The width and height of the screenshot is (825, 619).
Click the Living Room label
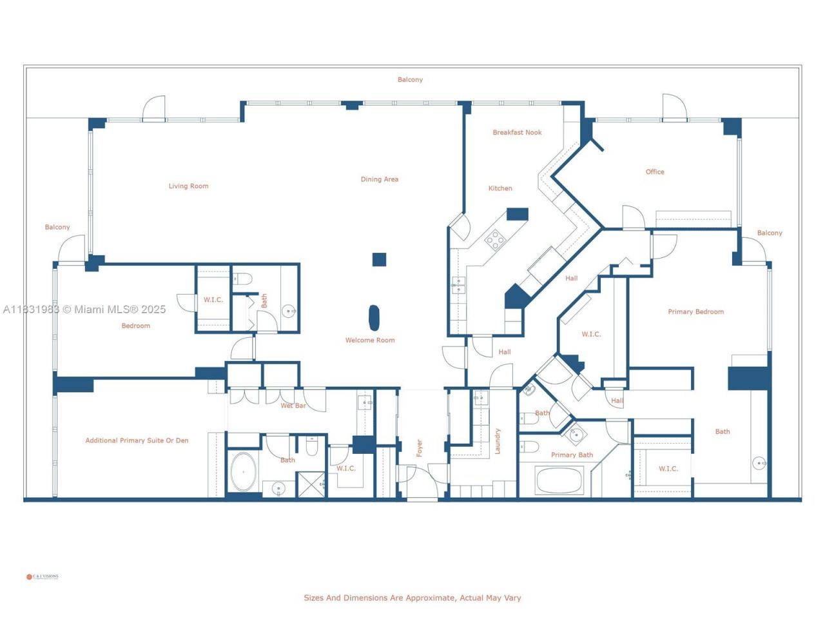point(188,186)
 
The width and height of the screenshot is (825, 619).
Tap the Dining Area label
point(379,179)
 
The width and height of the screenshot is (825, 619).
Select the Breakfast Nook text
point(517,132)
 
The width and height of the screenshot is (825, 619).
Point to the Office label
point(654,172)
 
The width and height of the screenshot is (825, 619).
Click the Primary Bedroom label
point(695,311)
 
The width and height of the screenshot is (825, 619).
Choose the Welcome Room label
point(369,340)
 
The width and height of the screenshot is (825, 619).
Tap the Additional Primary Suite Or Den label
point(137,440)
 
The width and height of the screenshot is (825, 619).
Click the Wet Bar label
point(293,406)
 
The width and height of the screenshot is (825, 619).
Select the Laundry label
point(497,441)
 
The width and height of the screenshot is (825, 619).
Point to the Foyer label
point(419,447)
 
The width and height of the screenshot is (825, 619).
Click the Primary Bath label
point(572,455)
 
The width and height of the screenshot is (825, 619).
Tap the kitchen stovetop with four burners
point(495,240)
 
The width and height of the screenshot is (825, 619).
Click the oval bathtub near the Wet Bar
point(243,472)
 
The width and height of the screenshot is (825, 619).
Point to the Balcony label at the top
point(410,79)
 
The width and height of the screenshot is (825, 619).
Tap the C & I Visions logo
point(43,576)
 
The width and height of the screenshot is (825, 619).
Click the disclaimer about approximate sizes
point(412,598)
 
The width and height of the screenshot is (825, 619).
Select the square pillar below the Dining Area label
point(379,259)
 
